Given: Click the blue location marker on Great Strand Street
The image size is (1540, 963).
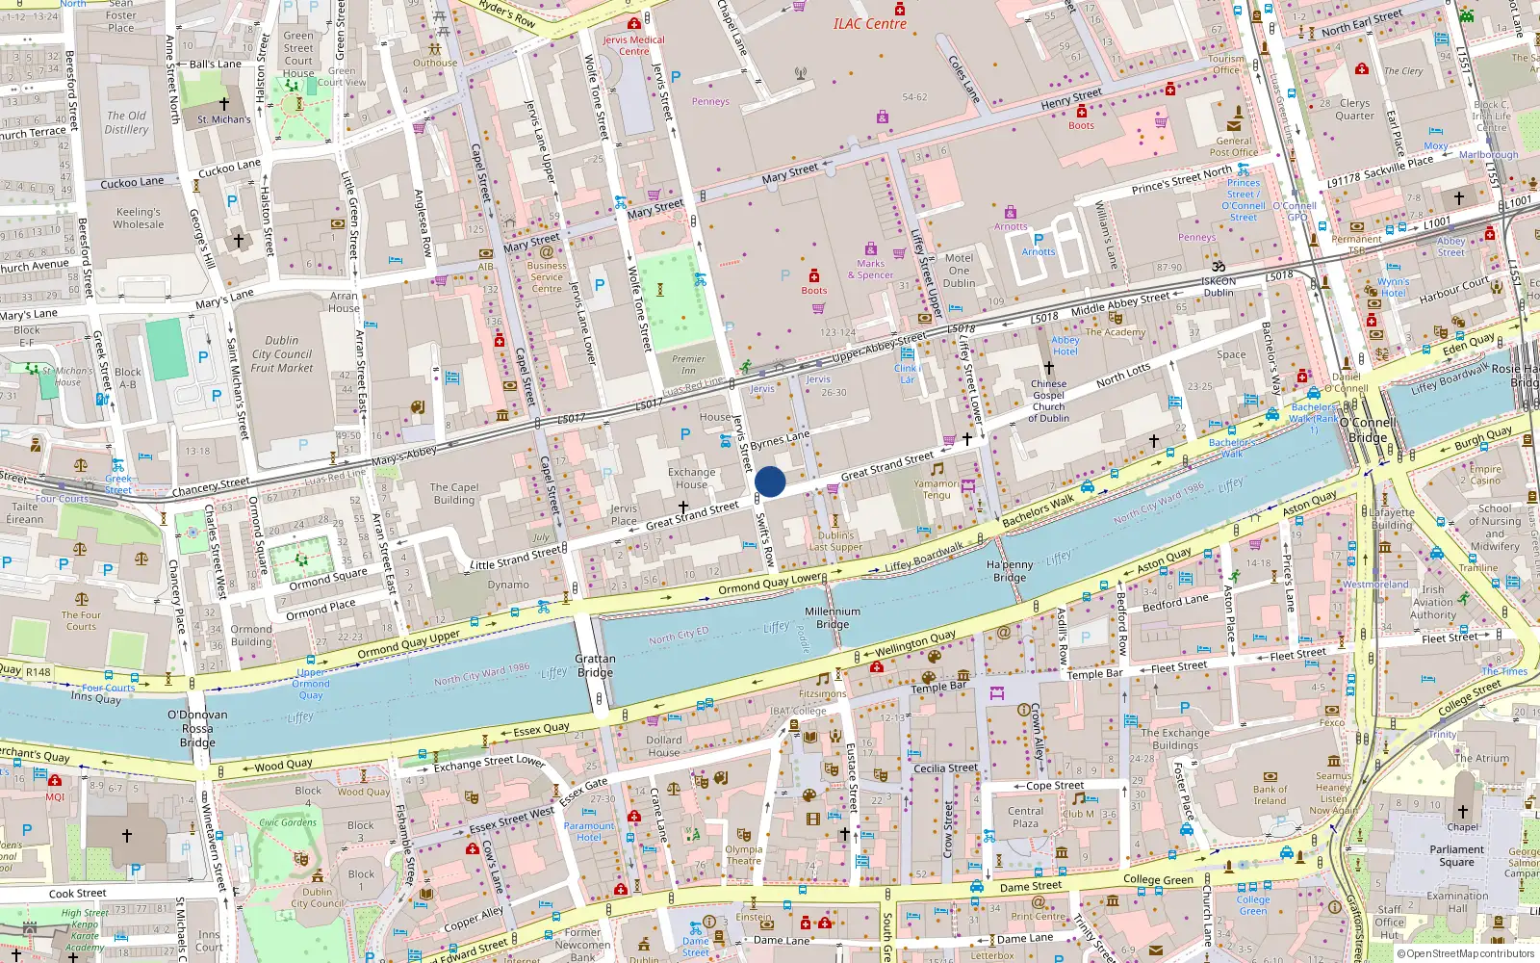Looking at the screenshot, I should [770, 481].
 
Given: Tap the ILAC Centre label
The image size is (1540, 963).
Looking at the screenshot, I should [869, 24].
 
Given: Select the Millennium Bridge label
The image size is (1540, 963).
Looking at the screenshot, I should [833, 618].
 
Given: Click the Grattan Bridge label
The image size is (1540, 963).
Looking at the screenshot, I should [595, 665].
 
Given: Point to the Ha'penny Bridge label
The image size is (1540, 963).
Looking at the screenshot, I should [1010, 571].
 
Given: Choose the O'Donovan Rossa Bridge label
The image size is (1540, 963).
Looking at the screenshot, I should [197, 728].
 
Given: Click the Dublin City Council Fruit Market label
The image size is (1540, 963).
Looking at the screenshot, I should [282, 353].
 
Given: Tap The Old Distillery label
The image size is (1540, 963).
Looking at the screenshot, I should [126, 122].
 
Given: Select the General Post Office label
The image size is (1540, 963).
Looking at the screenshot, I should [1234, 146].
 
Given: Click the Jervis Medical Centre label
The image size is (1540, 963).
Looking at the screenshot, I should [633, 45].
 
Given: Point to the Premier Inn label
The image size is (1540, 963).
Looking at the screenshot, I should [688, 364].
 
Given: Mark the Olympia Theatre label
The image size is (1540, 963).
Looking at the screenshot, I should [743, 855].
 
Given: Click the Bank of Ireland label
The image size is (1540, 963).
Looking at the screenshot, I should [1270, 794].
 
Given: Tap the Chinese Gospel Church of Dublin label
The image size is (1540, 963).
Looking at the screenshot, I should [1048, 401].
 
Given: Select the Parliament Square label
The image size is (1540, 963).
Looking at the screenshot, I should [1456, 855].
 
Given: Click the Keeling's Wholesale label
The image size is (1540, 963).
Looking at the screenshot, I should [139, 218].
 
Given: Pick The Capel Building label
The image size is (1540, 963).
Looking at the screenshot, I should [453, 493].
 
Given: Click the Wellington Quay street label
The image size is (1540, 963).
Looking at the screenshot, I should [915, 641].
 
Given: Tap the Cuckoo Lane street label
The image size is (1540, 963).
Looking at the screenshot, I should [132, 182].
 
